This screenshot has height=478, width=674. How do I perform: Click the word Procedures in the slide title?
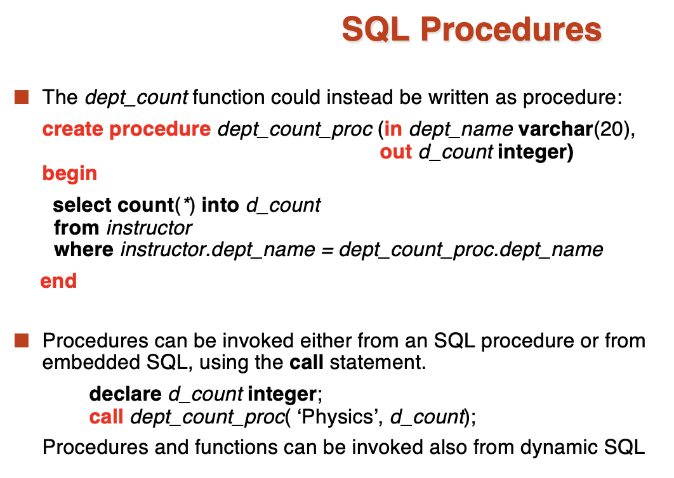[x=511, y=29]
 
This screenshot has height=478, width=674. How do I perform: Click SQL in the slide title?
[x=375, y=29]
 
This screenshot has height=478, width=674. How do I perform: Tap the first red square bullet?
[x=22, y=97]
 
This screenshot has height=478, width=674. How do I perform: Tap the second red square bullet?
[x=22, y=340]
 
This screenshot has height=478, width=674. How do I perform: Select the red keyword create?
[x=72, y=129]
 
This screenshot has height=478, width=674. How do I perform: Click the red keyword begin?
[x=70, y=174]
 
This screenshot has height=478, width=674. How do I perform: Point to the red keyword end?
[x=58, y=281]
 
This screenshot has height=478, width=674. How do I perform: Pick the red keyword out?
[x=395, y=152]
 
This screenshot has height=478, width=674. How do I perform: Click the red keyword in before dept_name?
[x=393, y=129]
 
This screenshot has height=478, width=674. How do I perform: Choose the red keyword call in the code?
[x=106, y=417]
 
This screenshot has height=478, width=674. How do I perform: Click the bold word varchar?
[x=556, y=129]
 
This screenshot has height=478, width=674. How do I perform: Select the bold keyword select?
[x=82, y=205]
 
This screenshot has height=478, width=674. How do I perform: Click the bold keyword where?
[x=84, y=250]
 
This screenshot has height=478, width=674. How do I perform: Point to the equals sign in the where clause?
[x=327, y=250]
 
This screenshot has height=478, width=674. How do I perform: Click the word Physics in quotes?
[x=338, y=417]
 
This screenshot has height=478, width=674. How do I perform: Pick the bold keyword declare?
[x=126, y=394]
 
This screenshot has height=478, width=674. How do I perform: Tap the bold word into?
[x=220, y=205]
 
